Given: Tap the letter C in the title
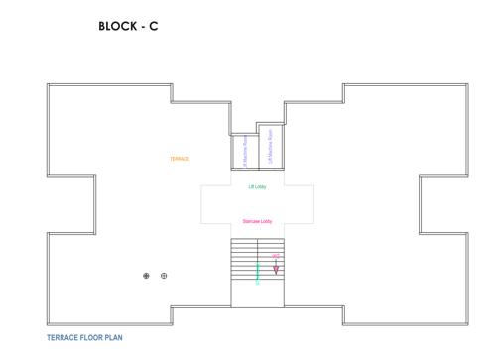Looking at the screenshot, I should (153, 27).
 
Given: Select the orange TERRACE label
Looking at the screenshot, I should (180, 159).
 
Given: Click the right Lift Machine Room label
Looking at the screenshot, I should (271, 146).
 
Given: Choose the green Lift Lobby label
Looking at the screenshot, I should (257, 186).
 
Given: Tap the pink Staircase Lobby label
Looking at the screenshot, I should (257, 221).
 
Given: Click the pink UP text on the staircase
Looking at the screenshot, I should (276, 256).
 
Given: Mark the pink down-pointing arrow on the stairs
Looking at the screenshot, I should (276, 268).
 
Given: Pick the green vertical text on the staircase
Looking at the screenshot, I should (258, 272).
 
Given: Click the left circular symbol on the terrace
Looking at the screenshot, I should (147, 276).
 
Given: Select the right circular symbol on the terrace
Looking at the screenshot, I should (164, 276).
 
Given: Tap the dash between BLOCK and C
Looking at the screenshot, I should (142, 27).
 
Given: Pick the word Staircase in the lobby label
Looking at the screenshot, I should (251, 221).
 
